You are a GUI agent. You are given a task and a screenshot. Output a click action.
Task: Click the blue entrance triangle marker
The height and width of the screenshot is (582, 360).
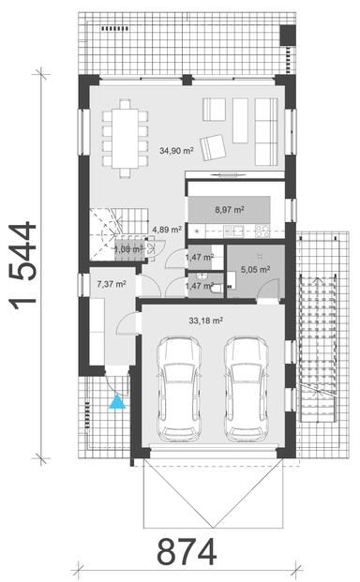116,402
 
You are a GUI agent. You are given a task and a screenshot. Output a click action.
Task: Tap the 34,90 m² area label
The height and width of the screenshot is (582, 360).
176,150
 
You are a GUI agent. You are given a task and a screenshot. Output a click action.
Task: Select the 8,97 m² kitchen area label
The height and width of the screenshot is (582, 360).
231,210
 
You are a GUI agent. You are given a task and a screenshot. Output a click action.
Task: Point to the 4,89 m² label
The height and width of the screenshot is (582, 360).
142,229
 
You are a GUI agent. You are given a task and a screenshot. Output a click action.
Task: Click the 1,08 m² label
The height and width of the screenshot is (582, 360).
127,250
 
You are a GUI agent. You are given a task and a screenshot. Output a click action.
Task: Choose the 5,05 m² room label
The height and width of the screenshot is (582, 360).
255,269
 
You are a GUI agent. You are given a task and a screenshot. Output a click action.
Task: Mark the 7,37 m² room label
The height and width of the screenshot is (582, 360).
112,282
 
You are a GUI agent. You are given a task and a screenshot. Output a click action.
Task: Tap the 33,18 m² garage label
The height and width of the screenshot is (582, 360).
205,320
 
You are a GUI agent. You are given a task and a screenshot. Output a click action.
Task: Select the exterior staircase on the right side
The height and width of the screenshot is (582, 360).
316,351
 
